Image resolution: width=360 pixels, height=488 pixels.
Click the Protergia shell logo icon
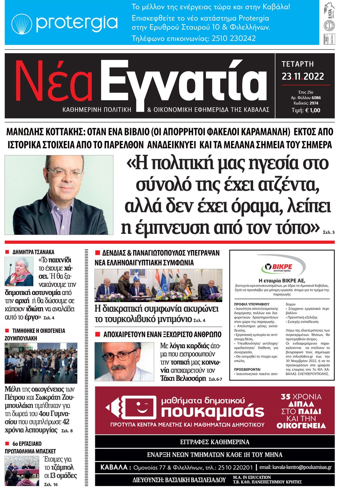21,24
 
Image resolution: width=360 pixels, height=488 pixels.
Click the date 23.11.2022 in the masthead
303,76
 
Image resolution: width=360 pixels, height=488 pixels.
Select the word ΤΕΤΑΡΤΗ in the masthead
297,64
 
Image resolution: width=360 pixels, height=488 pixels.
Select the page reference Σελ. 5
328,232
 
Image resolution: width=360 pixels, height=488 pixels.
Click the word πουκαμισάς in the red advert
213,412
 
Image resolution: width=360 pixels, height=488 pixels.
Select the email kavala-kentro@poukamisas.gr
295,467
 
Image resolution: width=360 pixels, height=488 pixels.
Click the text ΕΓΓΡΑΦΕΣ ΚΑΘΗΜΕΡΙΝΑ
214,442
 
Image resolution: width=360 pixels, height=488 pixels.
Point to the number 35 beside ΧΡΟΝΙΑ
286,397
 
